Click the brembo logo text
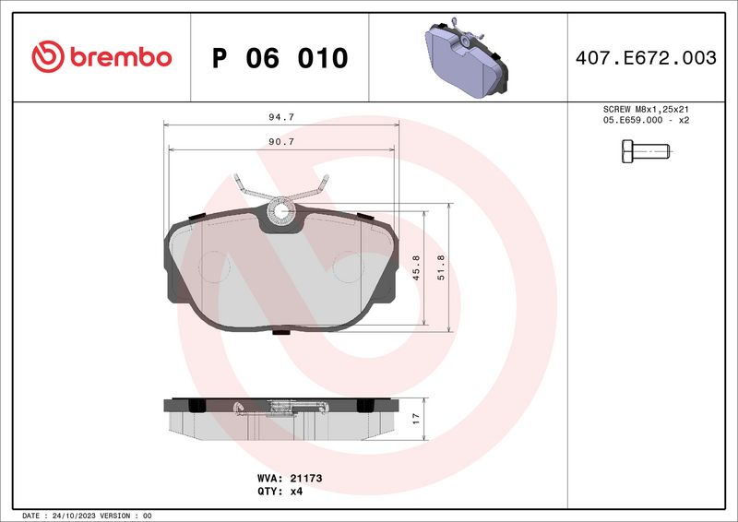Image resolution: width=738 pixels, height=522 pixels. [121, 57]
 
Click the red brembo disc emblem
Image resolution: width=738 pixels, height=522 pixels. [48, 56]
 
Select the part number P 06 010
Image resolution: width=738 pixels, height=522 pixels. [280, 58]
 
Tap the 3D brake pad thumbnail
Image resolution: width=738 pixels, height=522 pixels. [466, 57]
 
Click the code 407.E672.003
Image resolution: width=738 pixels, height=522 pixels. [646, 57]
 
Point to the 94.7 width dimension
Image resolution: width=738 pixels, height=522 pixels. [281, 117]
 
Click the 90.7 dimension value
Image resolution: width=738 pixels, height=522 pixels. [281, 141]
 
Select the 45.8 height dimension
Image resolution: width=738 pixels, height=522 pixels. [416, 267]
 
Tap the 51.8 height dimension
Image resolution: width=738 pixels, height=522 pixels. [441, 267]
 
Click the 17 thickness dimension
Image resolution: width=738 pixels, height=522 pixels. [416, 419]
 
